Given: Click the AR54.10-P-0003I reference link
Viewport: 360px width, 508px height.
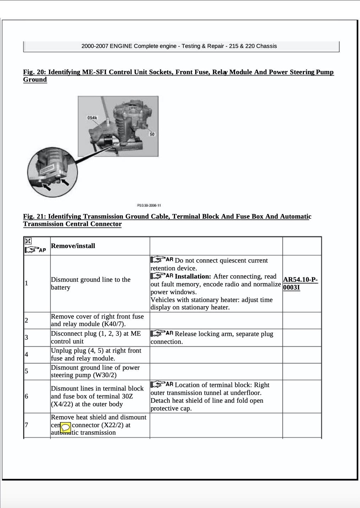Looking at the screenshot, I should tap(300, 283).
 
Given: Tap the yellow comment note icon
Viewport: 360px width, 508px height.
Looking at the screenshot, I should tap(66, 427).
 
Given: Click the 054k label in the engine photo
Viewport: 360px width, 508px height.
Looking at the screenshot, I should tap(92, 118).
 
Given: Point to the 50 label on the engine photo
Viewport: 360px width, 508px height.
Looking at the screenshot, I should tap(152, 134).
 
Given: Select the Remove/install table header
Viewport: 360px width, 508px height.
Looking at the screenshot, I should tap(73, 246).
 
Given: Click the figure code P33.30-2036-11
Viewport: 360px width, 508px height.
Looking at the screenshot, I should tap(149, 205).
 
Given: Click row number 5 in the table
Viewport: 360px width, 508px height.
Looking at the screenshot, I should tap(26, 371).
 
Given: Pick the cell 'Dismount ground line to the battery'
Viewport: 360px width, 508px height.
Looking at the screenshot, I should tap(91, 283).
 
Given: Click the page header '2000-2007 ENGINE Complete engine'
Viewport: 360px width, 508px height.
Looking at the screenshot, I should tap(179, 46).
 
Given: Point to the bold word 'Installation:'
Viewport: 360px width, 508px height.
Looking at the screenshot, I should tap(193, 276).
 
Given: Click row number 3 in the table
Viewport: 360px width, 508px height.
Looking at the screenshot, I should tap(26, 337).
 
